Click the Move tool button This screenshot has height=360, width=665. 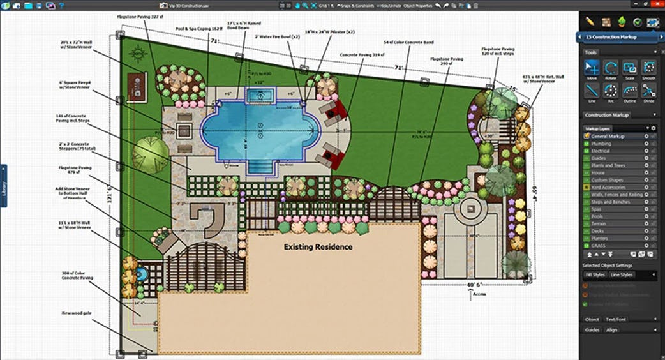point(593,70)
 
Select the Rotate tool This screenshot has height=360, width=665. point(611,70)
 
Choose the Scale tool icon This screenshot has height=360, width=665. point(631,70)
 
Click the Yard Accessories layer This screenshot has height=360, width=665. point(608,187)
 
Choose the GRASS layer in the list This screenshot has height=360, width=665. point(599,246)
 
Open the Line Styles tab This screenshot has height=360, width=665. point(622,275)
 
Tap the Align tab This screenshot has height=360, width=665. point(611,330)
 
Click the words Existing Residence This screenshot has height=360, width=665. point(318,246)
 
